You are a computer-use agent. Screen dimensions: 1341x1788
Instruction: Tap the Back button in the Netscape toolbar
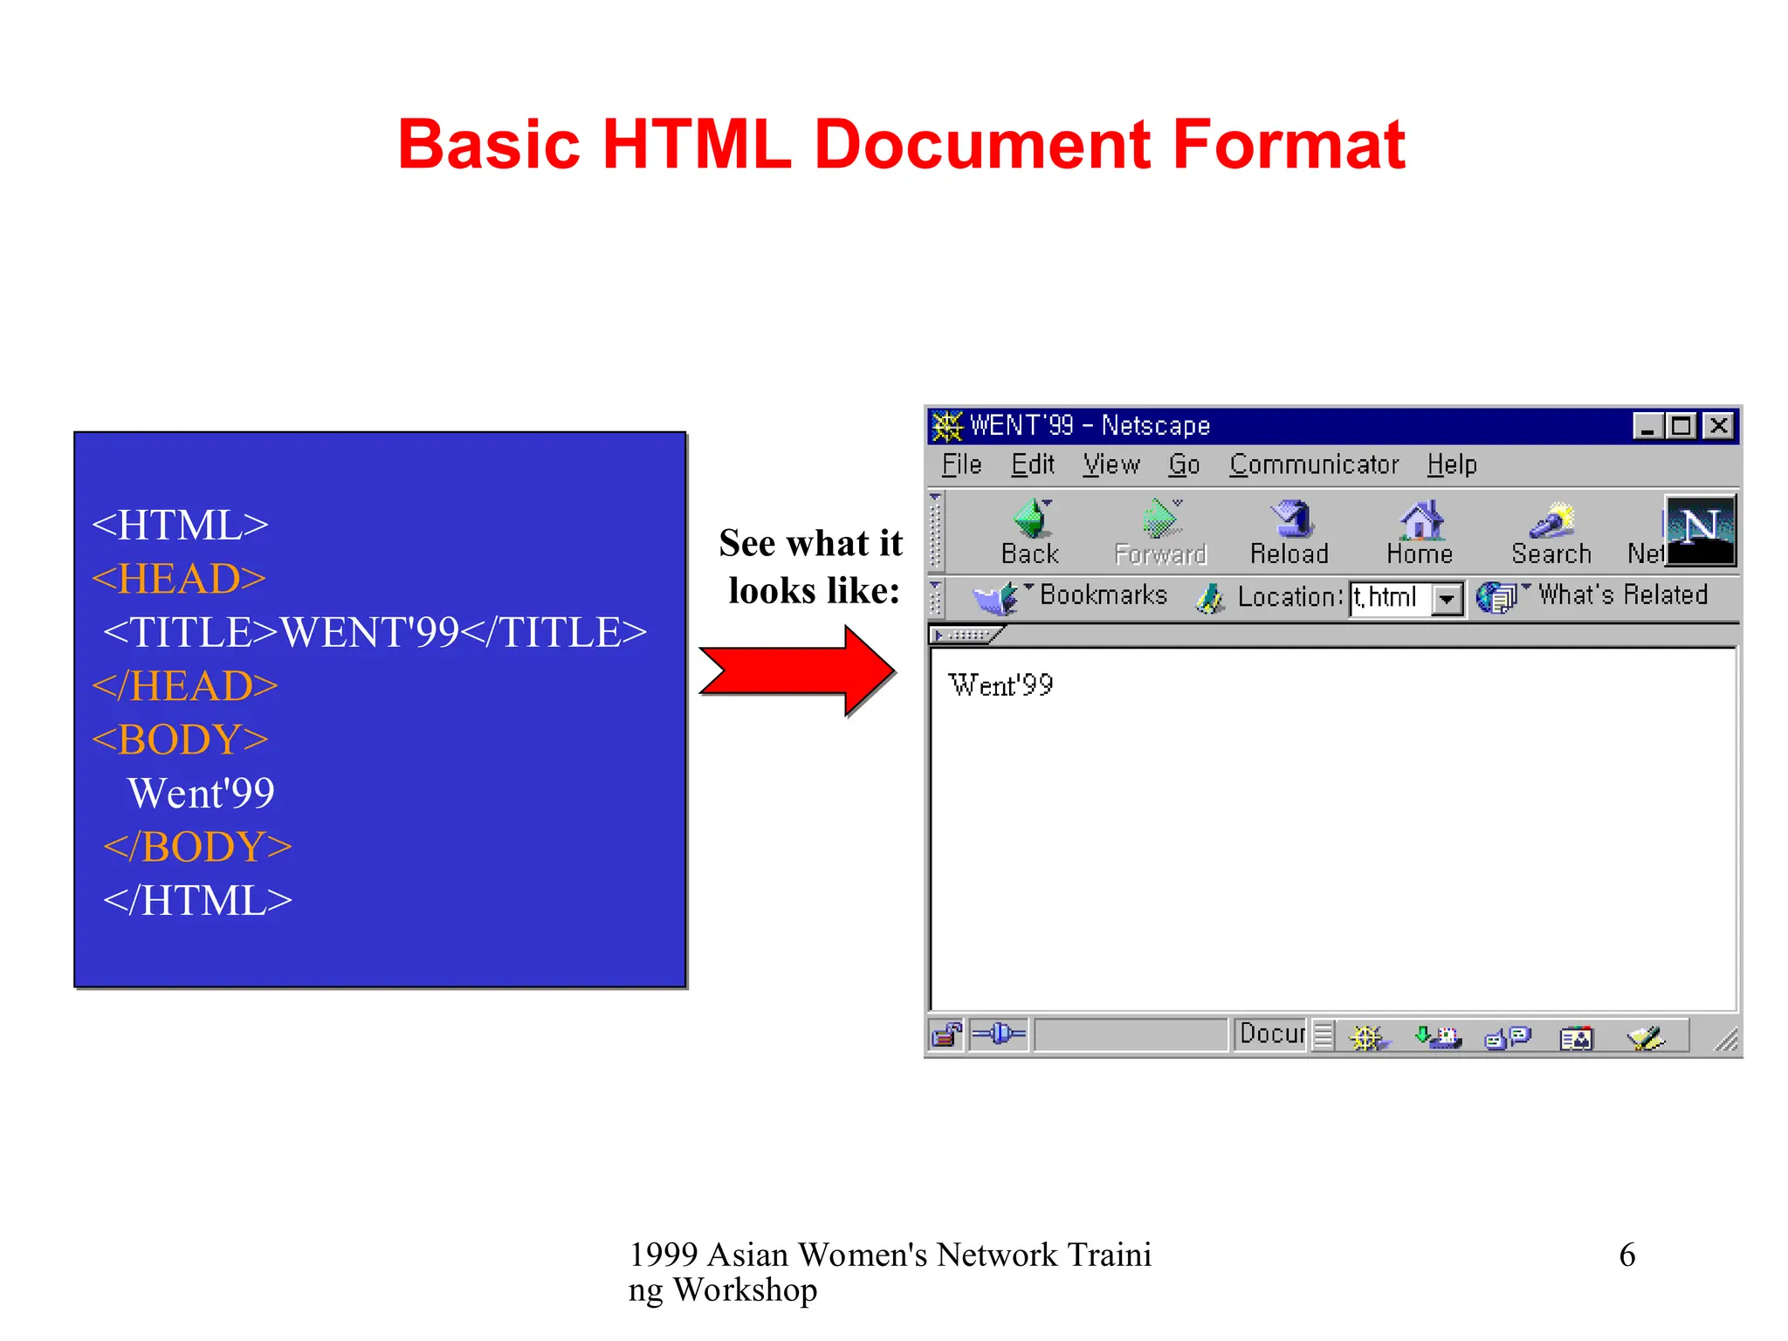[x=1030, y=531]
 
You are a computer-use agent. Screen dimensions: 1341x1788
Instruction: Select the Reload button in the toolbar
[x=1289, y=531]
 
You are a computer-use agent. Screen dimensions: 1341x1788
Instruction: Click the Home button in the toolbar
[x=1420, y=531]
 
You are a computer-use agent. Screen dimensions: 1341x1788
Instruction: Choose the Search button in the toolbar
[x=1551, y=531]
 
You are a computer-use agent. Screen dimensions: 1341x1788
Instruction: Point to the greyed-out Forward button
[x=1160, y=531]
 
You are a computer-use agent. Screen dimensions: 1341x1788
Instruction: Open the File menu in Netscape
[x=961, y=464]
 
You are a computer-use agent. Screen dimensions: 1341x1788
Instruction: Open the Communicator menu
[x=1314, y=464]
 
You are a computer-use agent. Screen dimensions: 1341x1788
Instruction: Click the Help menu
[x=1452, y=464]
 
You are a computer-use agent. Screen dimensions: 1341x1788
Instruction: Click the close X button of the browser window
[x=1719, y=426]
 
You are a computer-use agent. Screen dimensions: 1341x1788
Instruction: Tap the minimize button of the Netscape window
[x=1647, y=426]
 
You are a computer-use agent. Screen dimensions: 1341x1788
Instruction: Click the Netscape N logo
[x=1700, y=529]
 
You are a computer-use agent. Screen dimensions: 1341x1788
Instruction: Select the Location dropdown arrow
[x=1448, y=599]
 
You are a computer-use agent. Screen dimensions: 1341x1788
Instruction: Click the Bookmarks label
[x=1104, y=595]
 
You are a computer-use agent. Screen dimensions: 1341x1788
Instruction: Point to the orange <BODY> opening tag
[x=181, y=739]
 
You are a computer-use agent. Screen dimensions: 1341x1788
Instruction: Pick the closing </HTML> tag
[x=198, y=900]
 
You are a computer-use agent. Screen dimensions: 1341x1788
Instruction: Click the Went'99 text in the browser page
[x=1001, y=685]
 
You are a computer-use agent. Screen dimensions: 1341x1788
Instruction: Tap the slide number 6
[x=1627, y=1255]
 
